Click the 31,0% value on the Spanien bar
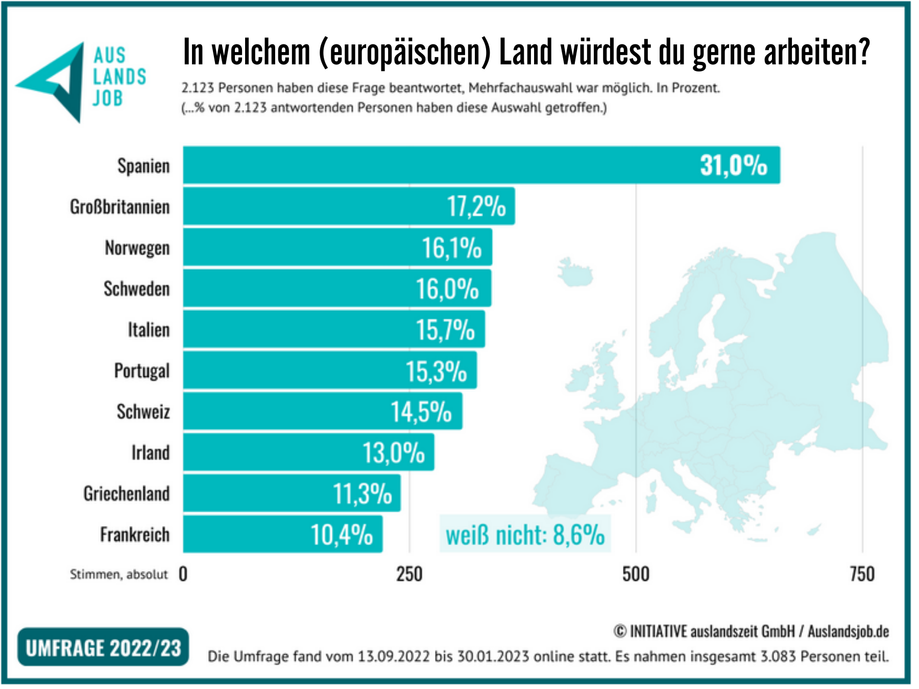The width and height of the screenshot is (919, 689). click(733, 165)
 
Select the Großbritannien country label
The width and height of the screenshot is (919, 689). click(120, 207)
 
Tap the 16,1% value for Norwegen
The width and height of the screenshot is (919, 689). click(451, 248)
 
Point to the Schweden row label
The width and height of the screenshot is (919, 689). click(136, 289)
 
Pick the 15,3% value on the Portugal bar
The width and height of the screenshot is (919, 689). click(436, 371)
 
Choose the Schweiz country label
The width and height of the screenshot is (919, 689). click(143, 412)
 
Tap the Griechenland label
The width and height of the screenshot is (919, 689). click(127, 493)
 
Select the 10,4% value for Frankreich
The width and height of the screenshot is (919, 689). click(342, 535)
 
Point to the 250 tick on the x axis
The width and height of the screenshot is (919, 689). click(409, 574)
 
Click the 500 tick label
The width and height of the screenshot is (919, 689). click(636, 574)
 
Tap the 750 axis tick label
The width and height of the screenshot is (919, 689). click(862, 574)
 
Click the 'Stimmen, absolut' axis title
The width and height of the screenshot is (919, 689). click(118, 575)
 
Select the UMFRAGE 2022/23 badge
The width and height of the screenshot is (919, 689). click(103, 648)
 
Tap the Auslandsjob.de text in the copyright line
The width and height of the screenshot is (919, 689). click(848, 631)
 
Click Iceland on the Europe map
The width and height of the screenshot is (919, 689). click(575, 272)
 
